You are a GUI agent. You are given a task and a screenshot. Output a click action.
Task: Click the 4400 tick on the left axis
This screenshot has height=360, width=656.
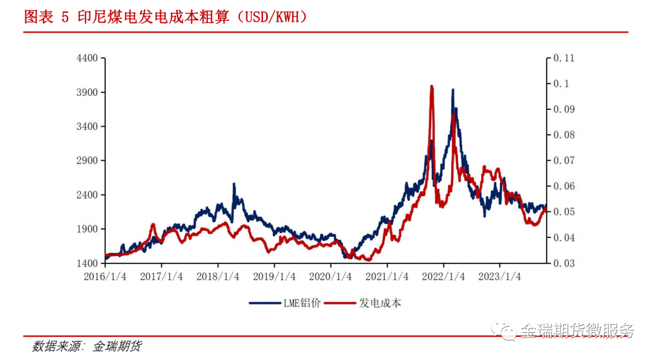[86, 58]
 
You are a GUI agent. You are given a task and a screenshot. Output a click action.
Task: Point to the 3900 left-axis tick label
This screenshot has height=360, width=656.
[86, 92]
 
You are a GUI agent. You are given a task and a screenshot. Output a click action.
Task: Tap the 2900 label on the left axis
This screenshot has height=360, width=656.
[86, 161]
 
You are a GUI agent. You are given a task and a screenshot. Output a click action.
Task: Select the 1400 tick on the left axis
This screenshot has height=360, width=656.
[86, 263]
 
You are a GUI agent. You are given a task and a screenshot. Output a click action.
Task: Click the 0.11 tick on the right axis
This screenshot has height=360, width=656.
[564, 58]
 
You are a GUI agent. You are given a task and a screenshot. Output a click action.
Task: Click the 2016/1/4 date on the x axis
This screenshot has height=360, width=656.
[105, 276]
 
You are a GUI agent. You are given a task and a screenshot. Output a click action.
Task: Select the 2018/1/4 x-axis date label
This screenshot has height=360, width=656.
[217, 276]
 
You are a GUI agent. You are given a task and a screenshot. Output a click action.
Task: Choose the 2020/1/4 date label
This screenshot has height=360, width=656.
[330, 276]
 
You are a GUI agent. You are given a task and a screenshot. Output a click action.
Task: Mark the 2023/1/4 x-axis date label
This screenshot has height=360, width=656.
[499, 276]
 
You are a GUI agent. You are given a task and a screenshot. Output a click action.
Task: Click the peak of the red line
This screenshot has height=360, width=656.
[431, 87]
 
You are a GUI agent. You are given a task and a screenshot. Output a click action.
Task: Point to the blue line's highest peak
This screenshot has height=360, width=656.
[453, 90]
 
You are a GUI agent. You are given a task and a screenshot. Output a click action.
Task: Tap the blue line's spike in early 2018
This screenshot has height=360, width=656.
[234, 184]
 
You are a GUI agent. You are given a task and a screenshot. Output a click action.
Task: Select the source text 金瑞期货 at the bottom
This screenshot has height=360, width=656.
[117, 347]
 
